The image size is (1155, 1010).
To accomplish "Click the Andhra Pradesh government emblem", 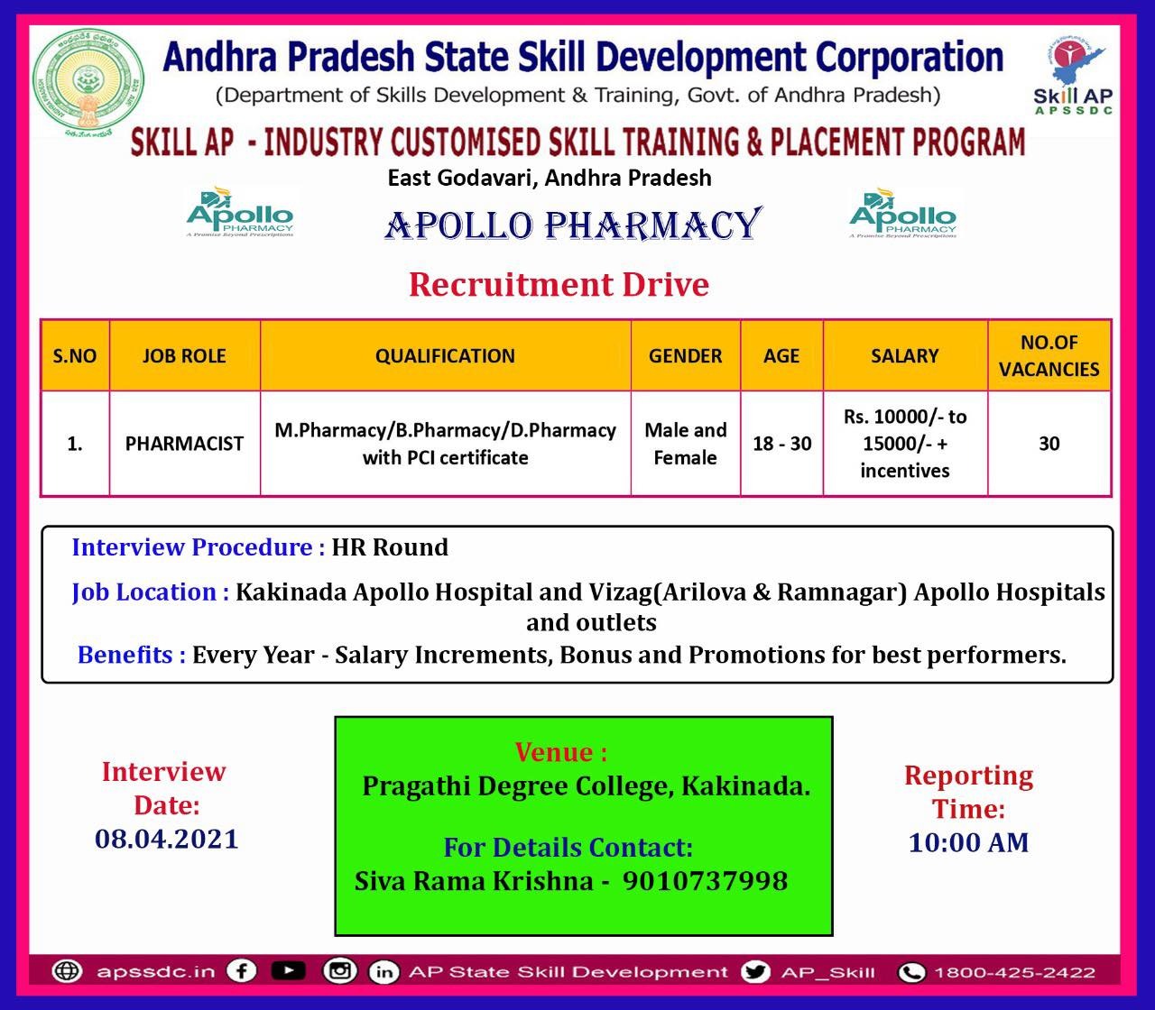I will point(88,83).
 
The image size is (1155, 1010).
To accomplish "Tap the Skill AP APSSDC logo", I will point(1073,76).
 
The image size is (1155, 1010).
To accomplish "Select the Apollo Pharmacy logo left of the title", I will point(240,213).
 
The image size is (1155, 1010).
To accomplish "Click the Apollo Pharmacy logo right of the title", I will point(902,213).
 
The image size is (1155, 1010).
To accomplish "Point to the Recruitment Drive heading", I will point(559,284).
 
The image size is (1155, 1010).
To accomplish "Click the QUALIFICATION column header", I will point(445,355).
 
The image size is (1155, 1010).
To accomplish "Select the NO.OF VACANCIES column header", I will point(1049,355).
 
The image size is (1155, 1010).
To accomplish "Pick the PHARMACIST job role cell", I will point(184,444).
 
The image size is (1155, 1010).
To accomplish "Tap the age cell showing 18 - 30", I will point(781,444).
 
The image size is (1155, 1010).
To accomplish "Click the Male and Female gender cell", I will point(685,444).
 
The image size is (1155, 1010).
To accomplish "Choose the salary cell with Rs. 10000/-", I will point(904,444).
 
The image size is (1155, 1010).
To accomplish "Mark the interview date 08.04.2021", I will point(167,839).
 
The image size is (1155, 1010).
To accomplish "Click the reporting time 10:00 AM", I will point(968,842).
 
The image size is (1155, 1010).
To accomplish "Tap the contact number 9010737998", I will point(705,880).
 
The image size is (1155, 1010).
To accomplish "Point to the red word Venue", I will point(560,752).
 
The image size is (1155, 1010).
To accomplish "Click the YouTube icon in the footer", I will point(288,971).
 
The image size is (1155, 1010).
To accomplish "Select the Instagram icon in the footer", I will point(339,971).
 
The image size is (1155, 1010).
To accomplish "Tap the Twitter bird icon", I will point(755,971).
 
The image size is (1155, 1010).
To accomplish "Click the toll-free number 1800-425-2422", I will point(1013,972).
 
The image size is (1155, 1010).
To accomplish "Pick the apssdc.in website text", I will point(155,972).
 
